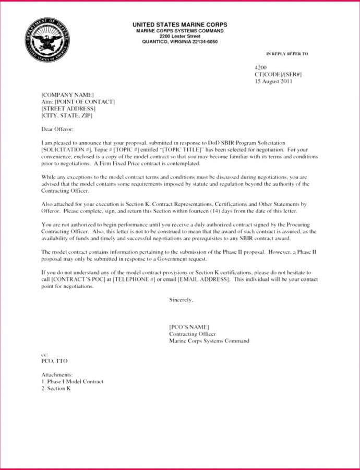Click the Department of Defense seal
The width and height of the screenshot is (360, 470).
coord(46,40)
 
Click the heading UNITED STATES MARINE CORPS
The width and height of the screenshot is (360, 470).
coord(179,25)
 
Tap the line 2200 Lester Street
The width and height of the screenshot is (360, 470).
coord(179,37)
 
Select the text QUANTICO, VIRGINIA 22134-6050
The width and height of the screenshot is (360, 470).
coord(179,42)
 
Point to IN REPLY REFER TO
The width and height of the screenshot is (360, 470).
coord(287,54)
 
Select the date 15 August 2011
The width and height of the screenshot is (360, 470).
coord(273,81)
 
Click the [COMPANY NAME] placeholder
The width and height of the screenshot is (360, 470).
coord(68,95)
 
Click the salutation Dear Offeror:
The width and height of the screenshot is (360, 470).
coord(57,128)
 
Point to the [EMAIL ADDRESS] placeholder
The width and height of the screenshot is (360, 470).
coord(204,279)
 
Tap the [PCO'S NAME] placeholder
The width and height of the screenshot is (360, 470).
coord(189,327)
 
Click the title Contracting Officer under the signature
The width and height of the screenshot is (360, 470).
coord(192,334)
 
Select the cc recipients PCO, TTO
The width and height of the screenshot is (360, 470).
coord(54,361)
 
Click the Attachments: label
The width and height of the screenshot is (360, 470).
coord(57,375)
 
